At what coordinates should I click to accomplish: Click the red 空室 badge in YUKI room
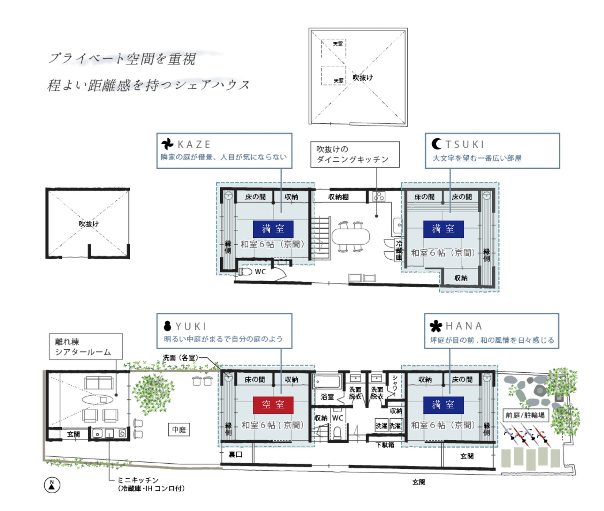point(273,405)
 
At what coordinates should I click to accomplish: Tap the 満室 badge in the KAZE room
point(273,229)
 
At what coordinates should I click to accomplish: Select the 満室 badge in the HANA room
point(443,405)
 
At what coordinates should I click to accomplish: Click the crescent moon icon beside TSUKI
point(436,144)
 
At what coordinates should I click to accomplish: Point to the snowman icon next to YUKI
point(167,326)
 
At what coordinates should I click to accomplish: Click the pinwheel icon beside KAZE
point(167,144)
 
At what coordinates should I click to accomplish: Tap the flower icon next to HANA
point(436,326)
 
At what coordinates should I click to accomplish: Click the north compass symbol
point(52,485)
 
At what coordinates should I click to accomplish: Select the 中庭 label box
point(179,430)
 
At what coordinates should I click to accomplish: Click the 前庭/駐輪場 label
point(525,415)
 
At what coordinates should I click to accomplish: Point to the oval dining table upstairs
point(351,236)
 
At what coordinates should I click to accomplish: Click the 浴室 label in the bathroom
point(327,397)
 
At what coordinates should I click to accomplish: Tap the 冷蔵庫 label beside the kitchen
point(399,250)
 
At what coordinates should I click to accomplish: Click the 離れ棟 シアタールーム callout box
point(86,347)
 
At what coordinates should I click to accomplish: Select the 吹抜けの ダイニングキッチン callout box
point(355,154)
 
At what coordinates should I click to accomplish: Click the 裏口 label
point(236,455)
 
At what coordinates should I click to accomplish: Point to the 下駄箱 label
point(385,445)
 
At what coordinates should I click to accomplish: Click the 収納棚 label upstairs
point(338,197)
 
